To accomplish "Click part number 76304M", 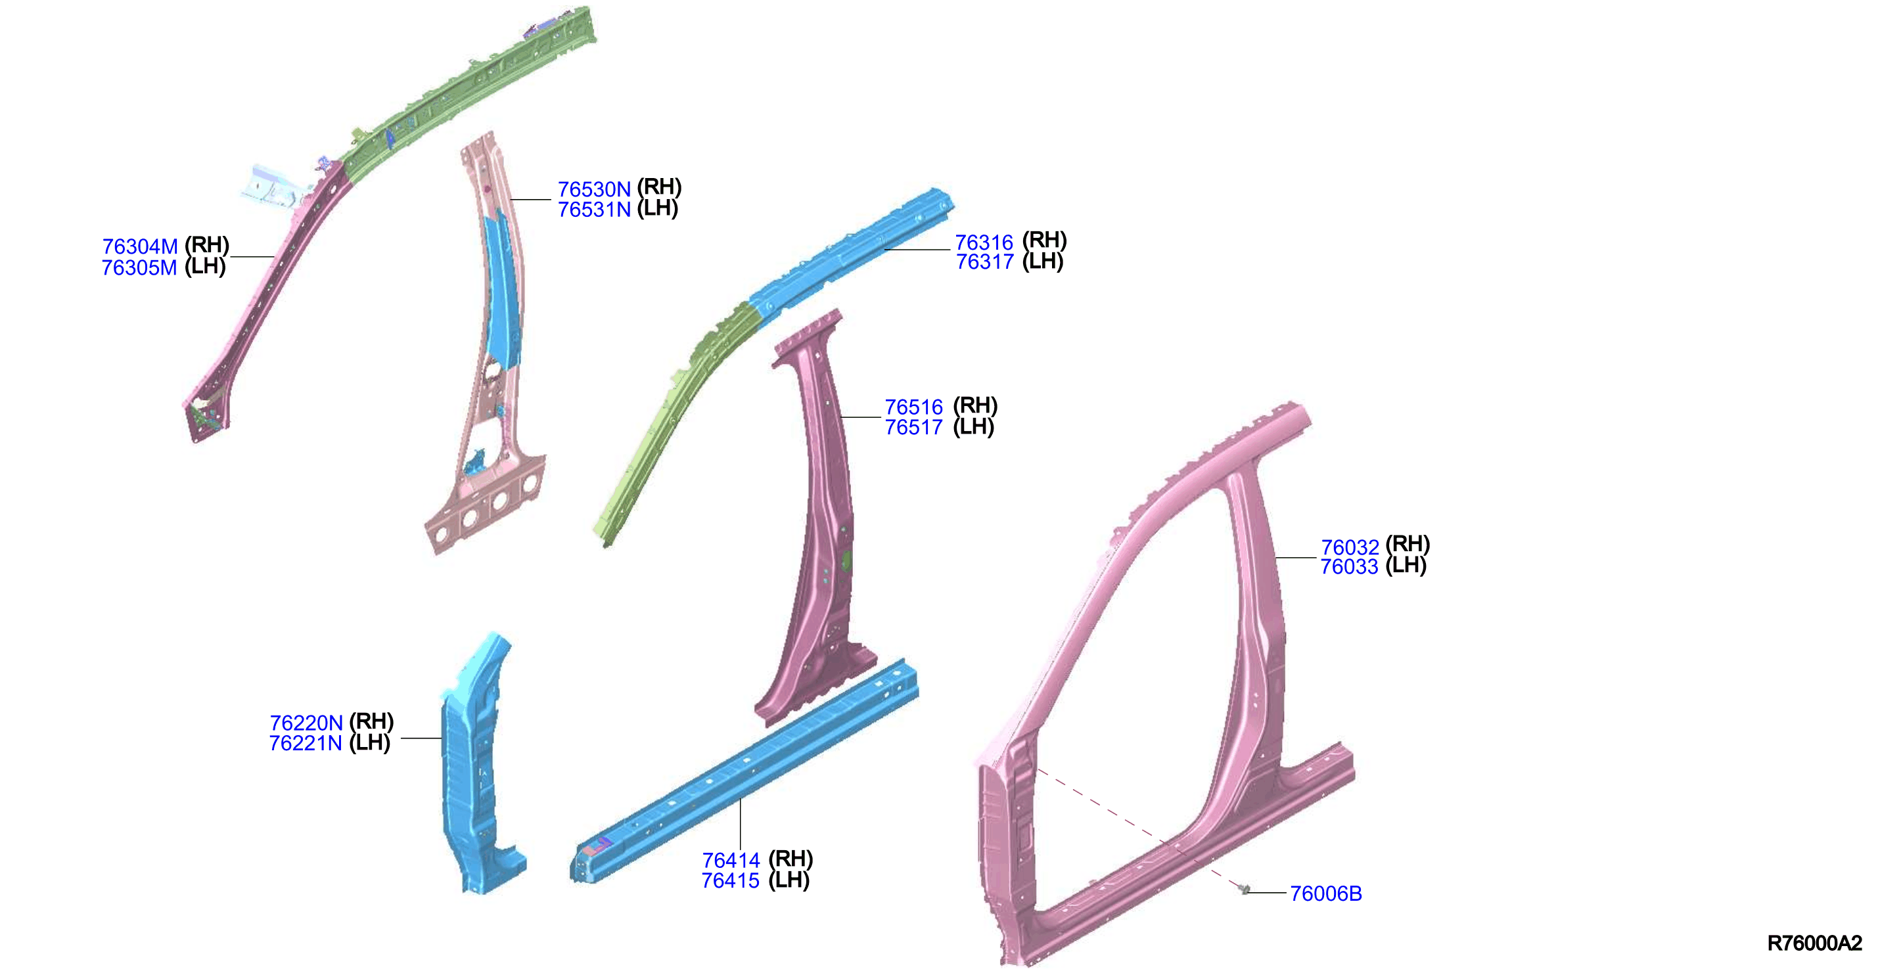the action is coord(139,246).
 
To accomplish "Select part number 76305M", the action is coord(139,268).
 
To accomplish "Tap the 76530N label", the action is coord(594,190).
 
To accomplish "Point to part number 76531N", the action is coord(594,210).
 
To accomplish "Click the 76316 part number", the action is coord(984,243).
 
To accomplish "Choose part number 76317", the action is coord(984,262).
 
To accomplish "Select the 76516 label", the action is coord(913,407).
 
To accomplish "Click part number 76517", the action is coord(913,427).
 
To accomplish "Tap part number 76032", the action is coord(1350,548).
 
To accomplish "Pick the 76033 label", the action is coord(1349,567).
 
